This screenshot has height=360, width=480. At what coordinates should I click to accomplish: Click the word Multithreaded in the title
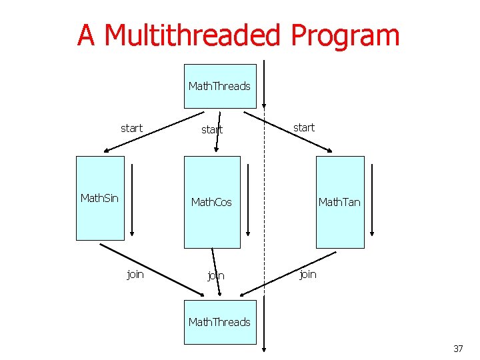pos(193,35)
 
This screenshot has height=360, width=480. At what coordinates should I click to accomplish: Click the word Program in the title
pos(345,35)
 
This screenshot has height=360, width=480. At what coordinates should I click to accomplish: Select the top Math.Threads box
pos(220,86)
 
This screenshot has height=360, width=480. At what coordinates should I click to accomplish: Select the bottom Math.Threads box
pos(220,322)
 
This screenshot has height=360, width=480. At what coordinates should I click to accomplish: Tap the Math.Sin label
pos(99,198)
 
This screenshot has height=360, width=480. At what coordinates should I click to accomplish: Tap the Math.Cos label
pos(211,202)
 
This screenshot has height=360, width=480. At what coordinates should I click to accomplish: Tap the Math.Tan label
pos(339,202)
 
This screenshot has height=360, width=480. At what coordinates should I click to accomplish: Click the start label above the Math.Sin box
pos(131,127)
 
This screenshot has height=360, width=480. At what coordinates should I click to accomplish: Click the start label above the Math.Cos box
pos(212,130)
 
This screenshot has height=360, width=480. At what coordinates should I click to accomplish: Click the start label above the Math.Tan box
pos(304,127)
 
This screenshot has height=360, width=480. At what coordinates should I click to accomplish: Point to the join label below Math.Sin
pos(135,274)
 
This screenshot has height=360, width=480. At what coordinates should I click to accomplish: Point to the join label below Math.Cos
pos(215,276)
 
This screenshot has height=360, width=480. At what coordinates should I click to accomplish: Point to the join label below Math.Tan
pos(308,274)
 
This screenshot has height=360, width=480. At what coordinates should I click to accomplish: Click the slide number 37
pos(458,349)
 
